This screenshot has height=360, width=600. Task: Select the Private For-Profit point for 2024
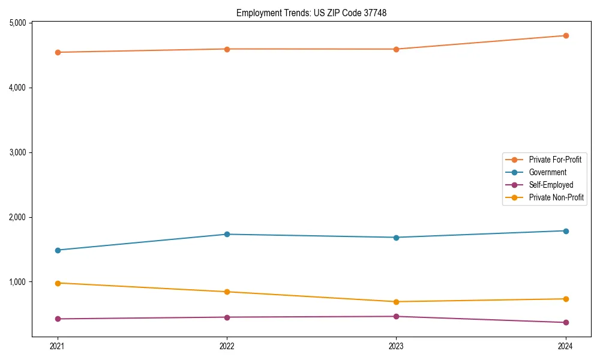(x=565, y=35)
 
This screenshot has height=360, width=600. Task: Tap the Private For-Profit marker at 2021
(x=58, y=52)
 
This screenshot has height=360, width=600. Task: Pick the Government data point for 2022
(x=227, y=234)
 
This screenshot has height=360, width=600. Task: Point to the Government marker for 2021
(x=58, y=250)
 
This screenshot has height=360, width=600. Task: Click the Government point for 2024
(x=565, y=231)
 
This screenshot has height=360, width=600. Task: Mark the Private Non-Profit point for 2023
(x=396, y=302)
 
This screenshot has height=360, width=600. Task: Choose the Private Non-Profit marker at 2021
(x=58, y=283)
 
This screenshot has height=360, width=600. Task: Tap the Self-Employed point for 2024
(x=565, y=322)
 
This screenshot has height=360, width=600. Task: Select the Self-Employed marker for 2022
(x=227, y=317)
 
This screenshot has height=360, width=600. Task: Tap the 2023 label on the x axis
(x=396, y=346)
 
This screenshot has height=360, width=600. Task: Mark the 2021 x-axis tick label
(x=58, y=346)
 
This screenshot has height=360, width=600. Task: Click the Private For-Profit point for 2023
(x=396, y=49)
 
